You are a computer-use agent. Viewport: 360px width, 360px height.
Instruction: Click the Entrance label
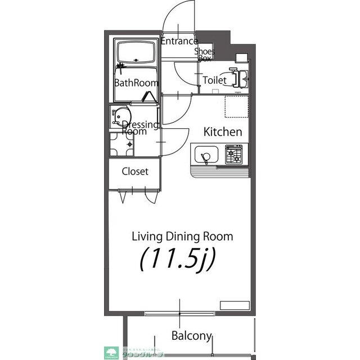[179, 41]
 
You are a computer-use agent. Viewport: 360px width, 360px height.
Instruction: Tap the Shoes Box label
[204, 55]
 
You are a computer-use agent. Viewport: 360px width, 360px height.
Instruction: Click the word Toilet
[214, 80]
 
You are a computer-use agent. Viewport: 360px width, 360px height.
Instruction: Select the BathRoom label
[136, 83]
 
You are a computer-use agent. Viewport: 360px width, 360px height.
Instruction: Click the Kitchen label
[222, 132]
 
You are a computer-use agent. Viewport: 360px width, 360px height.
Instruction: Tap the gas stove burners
[235, 154]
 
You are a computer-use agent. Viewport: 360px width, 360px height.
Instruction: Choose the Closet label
[135, 172]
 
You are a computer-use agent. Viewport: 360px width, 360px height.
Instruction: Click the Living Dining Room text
[182, 236]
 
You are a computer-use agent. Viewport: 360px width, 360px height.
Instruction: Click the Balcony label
[191, 336]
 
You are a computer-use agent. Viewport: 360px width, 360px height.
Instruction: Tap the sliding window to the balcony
[180, 313]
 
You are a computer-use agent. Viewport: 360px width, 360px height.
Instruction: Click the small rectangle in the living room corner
[234, 305]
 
